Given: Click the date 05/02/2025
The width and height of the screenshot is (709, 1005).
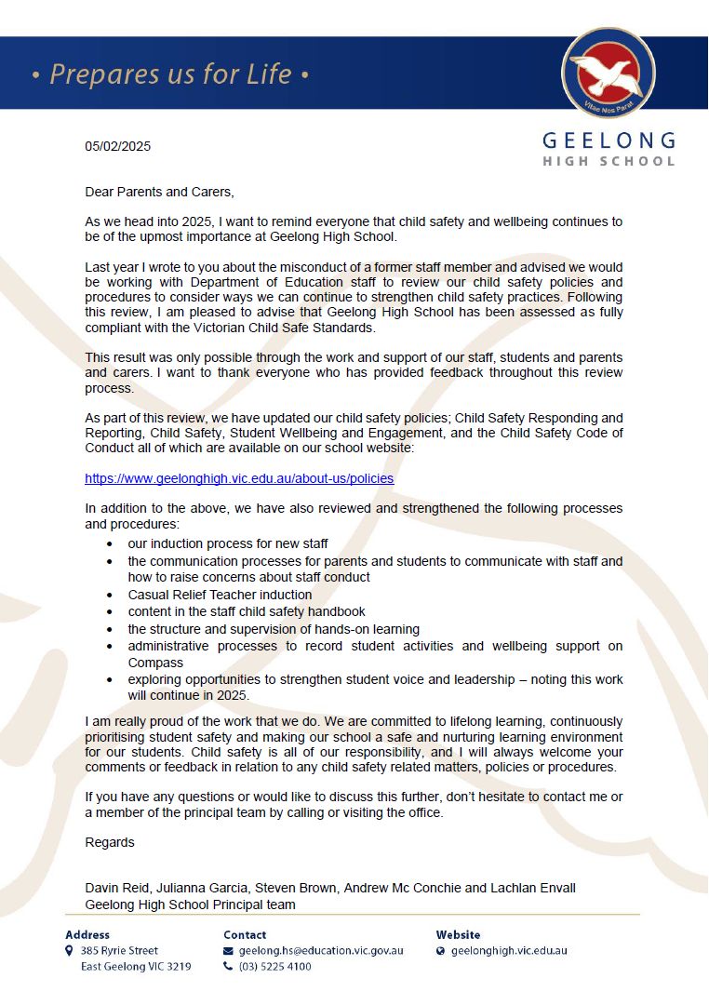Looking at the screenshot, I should [x=117, y=146].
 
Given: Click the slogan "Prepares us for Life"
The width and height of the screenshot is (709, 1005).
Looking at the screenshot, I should [x=170, y=74].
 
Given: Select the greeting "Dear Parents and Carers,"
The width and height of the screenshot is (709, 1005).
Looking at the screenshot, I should [x=159, y=192].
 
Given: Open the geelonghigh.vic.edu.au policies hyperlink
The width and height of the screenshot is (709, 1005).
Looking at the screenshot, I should [x=239, y=478].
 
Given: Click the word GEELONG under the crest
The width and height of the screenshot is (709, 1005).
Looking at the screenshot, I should [x=609, y=141].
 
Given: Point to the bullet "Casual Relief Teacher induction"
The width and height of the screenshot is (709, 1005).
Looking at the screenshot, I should [x=220, y=595].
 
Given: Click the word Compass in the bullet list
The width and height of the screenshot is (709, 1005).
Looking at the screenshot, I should [x=156, y=663].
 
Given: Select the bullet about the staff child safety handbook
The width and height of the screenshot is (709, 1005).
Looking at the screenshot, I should [x=247, y=611].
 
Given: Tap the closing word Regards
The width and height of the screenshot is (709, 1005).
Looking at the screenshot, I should [x=110, y=842].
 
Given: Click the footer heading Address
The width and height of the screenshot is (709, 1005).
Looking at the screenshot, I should [x=87, y=934].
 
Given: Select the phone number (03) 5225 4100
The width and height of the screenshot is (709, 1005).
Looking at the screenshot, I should [x=275, y=967].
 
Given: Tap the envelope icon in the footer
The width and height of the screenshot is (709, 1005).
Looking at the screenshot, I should [x=229, y=951].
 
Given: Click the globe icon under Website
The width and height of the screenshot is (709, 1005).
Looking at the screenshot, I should [x=441, y=951].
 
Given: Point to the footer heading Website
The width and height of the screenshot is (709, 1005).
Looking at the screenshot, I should [x=459, y=934].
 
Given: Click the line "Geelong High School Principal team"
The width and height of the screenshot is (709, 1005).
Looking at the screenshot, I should [x=190, y=904].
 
